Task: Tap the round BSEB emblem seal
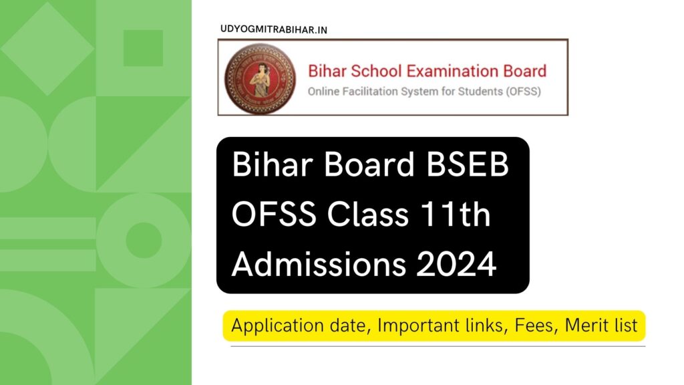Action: pyautogui.click(x=259, y=78)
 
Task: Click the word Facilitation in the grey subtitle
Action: pyautogui.click(x=376, y=91)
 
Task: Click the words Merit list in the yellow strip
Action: pyautogui.click(x=601, y=326)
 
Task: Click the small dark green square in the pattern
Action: pyautogui.click(x=143, y=48)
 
